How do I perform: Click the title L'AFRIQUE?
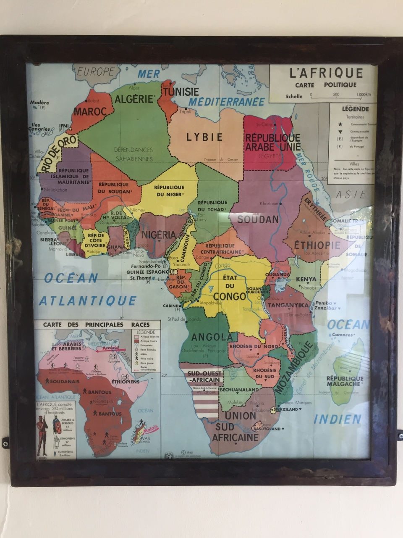coord(326,73)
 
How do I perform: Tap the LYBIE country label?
coord(204,137)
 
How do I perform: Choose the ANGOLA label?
coord(212,337)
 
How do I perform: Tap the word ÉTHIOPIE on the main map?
coord(317,245)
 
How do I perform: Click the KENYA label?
coord(306,279)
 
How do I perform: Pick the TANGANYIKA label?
coord(288,305)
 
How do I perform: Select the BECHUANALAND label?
coord(239,390)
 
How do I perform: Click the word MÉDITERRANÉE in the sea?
coord(226,101)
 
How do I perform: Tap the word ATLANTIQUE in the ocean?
coord(88,301)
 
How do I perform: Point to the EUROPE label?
coord(96,71)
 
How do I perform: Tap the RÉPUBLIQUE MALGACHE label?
coord(344,381)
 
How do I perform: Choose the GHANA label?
coord(114,247)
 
